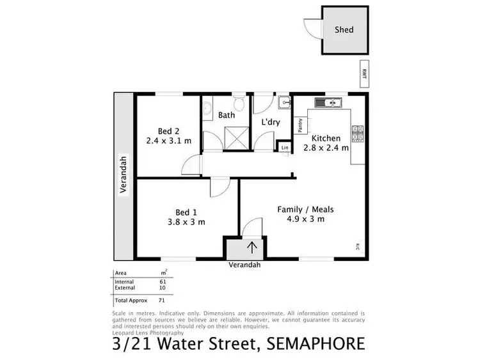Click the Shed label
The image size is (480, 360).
[x=344, y=29]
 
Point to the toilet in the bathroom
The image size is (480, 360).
[x=238, y=104]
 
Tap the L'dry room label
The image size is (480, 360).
[x=271, y=121]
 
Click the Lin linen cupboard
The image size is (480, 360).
[x=285, y=148]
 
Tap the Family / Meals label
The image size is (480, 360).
[x=305, y=209]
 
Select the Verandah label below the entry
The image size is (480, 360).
[x=246, y=265]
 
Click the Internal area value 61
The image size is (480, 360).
[x=163, y=281]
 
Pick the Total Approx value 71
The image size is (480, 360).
[x=163, y=299]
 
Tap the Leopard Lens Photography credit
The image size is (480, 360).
[x=148, y=333]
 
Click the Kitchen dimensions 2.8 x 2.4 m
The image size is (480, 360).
[x=330, y=148]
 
